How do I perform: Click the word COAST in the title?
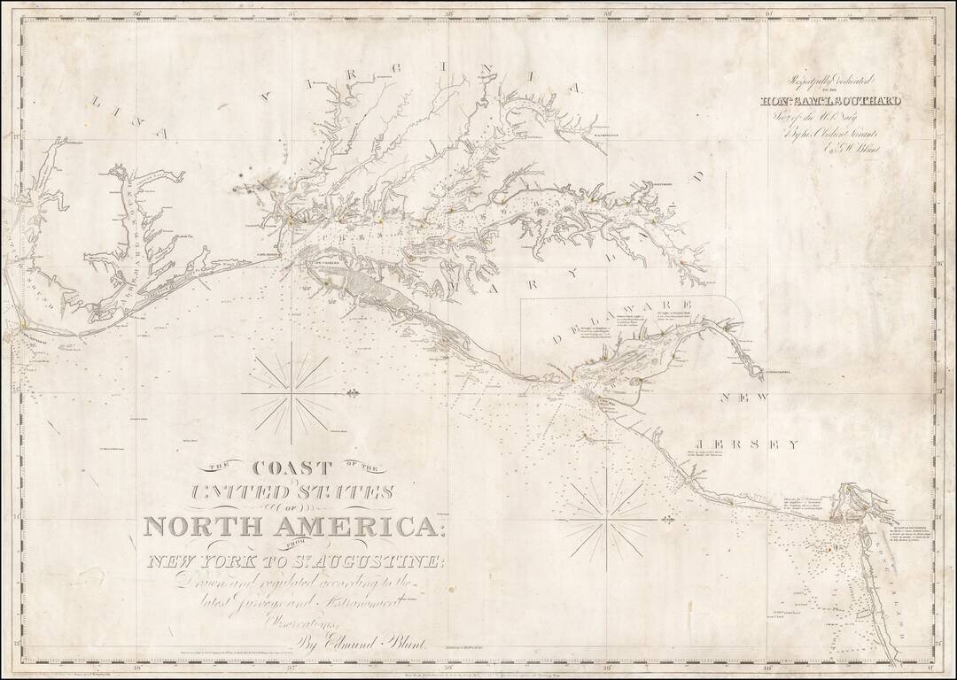tap(292, 468)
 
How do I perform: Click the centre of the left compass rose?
tap(292, 391)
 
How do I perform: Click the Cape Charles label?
tap(324, 261)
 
